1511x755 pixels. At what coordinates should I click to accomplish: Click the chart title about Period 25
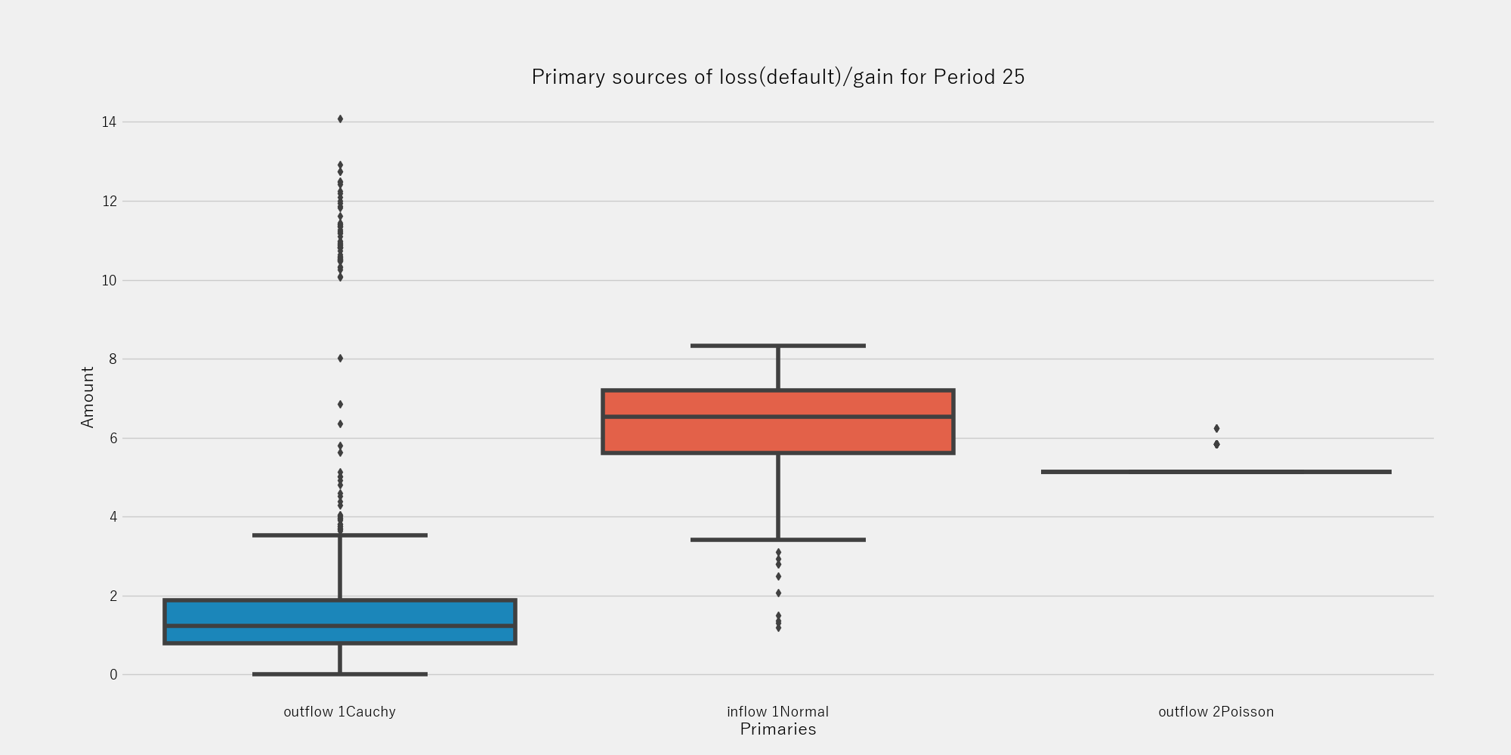click(x=777, y=77)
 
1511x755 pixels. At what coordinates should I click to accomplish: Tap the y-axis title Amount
click(x=88, y=397)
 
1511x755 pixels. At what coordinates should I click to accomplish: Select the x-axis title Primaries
click(x=777, y=729)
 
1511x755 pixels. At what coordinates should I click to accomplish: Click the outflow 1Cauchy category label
click(x=339, y=711)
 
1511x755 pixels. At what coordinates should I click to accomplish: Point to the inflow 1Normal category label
click(x=777, y=711)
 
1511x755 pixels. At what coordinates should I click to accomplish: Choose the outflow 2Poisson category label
click(x=1216, y=711)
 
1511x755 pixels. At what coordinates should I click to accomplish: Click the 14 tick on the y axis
click(x=109, y=122)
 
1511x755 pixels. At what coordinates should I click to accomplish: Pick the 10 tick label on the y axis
click(x=109, y=280)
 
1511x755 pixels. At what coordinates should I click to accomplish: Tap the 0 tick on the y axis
click(x=113, y=674)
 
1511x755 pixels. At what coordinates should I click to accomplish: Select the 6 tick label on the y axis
click(x=113, y=438)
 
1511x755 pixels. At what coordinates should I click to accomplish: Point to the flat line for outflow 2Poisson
click(x=1216, y=472)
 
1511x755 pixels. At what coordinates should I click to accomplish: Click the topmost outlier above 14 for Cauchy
click(x=340, y=119)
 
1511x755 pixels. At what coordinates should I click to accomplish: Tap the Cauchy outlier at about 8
click(x=340, y=358)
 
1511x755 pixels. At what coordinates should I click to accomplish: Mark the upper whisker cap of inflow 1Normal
click(x=777, y=346)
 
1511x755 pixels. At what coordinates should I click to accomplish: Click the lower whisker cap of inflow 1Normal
click(x=777, y=540)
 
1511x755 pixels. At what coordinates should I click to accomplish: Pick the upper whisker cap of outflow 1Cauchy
click(x=340, y=535)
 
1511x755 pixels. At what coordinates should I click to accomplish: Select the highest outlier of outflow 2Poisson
click(x=1216, y=428)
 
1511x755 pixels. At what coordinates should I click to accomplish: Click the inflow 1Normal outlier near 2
click(x=778, y=593)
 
